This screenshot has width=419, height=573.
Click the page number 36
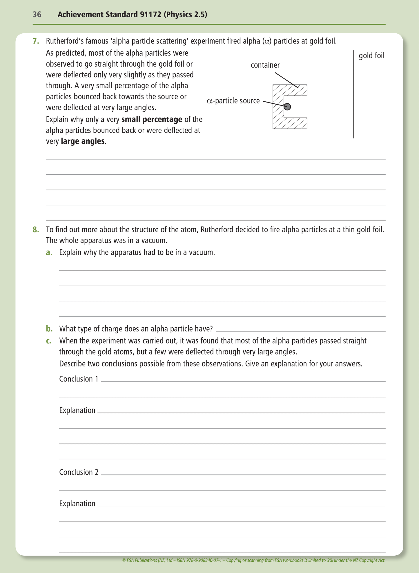pyautogui.click(x=37, y=14)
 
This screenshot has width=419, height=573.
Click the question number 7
pyautogui.click(x=36, y=41)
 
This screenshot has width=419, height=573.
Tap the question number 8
pyautogui.click(x=36, y=230)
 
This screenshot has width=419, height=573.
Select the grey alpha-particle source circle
pyautogui.click(x=287, y=107)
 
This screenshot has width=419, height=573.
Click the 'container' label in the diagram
pyautogui.click(x=265, y=65)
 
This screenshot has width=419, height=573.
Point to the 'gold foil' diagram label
pyautogui.click(x=371, y=56)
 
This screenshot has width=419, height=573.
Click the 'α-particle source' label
pyautogui.click(x=233, y=101)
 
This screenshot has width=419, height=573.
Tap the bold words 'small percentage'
pyautogui.click(x=152, y=119)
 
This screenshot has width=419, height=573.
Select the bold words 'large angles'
pyautogui.click(x=83, y=141)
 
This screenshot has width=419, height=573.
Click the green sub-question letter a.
pyautogui.click(x=49, y=253)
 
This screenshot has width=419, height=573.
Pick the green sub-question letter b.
pyautogui.click(x=49, y=329)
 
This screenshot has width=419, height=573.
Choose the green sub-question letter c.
pyautogui.click(x=49, y=341)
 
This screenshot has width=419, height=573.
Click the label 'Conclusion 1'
pyautogui.click(x=79, y=379)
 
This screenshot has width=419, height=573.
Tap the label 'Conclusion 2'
pyautogui.click(x=79, y=472)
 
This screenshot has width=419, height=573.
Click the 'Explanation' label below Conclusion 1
pyautogui.click(x=77, y=410)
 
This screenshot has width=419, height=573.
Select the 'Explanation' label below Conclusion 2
pyautogui.click(x=77, y=503)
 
